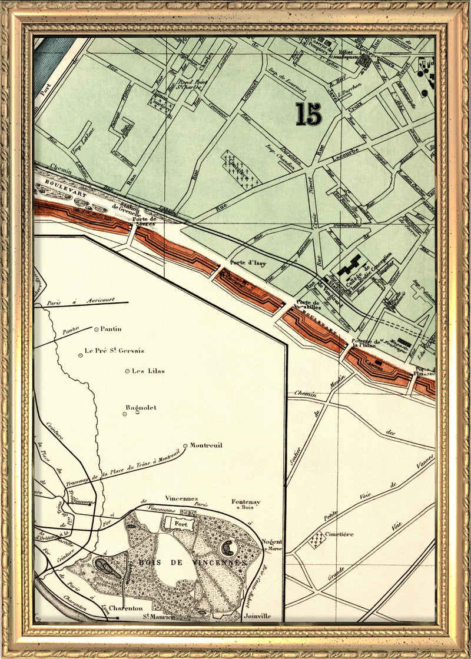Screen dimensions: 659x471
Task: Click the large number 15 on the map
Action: (309, 114)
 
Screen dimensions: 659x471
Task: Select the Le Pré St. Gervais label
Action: (114, 351)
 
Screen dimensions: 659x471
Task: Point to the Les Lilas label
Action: (148, 371)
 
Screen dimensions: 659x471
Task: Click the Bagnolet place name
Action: (141, 407)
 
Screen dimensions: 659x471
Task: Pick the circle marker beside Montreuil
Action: (185, 445)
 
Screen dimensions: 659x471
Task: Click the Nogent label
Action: (271, 541)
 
